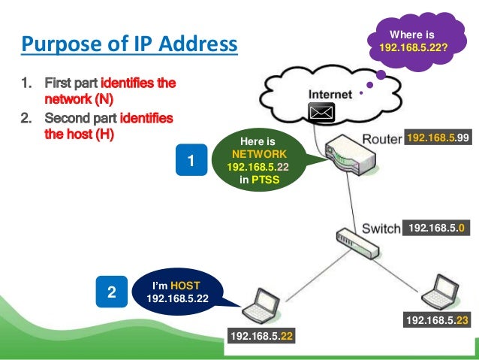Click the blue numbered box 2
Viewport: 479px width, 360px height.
111,293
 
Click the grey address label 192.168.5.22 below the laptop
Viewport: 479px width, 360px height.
261,336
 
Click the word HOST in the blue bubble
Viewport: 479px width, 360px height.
185,286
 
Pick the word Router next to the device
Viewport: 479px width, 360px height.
382,139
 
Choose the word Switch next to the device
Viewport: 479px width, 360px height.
381,228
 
